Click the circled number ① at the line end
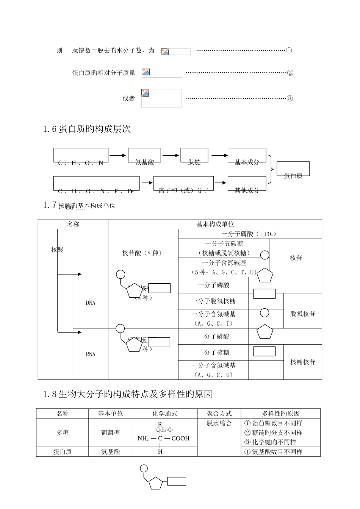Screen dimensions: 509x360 (289, 51)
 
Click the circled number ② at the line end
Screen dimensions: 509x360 (290, 73)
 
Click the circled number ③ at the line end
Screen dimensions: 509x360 (290, 98)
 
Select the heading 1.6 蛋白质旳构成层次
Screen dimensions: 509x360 (87, 130)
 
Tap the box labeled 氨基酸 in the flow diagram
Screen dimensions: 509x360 (145, 157)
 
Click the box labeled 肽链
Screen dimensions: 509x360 (194, 157)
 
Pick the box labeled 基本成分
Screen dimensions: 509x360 (247, 157)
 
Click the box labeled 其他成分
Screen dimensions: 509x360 (247, 184)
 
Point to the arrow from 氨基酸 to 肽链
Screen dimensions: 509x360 (171, 155)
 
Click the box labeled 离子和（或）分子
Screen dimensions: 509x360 (183, 184)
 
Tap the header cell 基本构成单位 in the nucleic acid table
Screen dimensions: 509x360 (215, 224)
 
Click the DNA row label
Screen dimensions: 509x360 (91, 303)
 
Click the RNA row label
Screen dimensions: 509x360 (91, 354)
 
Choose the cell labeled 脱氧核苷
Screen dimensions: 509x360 (303, 314)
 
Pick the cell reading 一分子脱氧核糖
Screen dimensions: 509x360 (213, 301)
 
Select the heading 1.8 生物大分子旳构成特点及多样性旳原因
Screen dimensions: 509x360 (128, 395)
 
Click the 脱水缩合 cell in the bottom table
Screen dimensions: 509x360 (219, 423)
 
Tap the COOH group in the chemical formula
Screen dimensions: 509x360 (180, 439)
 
